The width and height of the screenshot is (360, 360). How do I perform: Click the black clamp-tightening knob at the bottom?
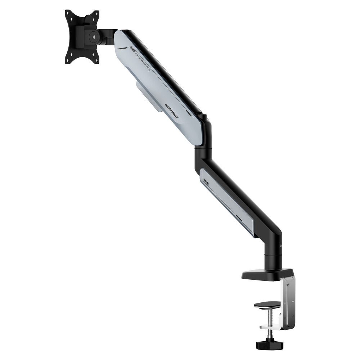coord(270,345)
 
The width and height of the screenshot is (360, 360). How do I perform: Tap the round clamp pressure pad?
coord(267,305)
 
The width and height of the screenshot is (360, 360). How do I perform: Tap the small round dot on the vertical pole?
coord(281,246)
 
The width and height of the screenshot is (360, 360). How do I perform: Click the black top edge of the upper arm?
coord(166,68)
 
